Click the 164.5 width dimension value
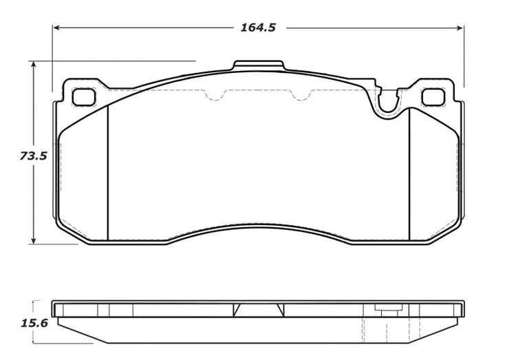(x=258, y=28)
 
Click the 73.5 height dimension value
(x=33, y=156)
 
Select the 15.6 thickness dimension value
(x=34, y=323)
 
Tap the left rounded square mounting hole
(x=83, y=97)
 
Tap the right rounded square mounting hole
(x=433, y=97)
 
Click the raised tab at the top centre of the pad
(x=258, y=65)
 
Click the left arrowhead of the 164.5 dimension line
(x=56, y=28)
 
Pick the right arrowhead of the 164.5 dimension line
(x=460, y=28)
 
